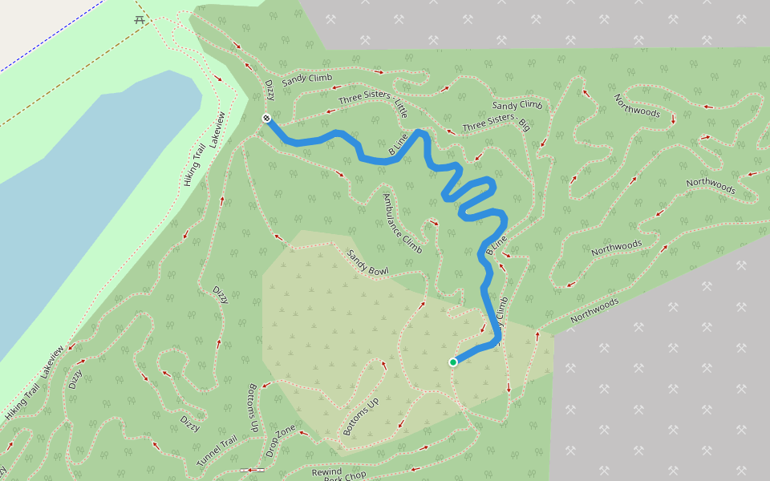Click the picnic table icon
click(x=140, y=19)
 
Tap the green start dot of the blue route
click(x=453, y=362)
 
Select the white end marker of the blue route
click(x=266, y=119)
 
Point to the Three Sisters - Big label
click(x=496, y=123)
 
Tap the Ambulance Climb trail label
click(x=402, y=224)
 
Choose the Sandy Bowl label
click(x=368, y=262)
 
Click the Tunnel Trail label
click(x=217, y=452)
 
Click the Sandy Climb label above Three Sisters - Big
click(x=517, y=105)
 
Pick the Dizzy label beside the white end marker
click(x=269, y=90)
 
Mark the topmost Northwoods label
click(x=637, y=105)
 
